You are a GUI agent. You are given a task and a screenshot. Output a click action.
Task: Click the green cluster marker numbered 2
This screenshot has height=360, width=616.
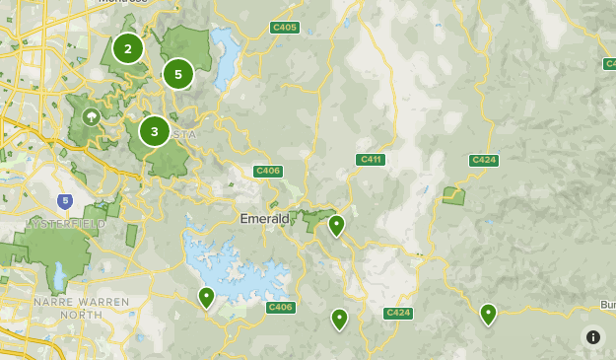[x=127, y=48]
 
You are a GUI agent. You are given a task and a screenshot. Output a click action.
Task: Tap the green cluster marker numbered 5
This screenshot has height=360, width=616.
[x=178, y=74]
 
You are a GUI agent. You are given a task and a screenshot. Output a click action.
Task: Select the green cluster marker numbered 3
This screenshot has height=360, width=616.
[x=154, y=131]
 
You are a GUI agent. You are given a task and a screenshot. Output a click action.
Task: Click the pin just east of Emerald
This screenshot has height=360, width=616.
[x=336, y=226]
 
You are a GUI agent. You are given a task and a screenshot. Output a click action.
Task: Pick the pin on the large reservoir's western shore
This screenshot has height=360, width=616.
[x=206, y=297]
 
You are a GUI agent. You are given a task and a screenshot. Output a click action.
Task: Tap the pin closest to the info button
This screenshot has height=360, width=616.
[x=488, y=314]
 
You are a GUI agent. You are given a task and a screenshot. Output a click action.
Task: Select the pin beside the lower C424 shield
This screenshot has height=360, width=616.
[x=339, y=319]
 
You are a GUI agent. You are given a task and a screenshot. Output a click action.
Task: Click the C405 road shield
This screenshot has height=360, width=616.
[x=285, y=28]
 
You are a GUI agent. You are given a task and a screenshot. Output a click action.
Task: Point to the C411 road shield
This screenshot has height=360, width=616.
[x=371, y=159]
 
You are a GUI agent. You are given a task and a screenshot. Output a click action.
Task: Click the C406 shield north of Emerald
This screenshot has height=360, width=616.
[x=268, y=171]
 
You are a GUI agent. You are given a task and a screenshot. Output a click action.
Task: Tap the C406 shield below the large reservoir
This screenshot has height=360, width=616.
[x=281, y=308]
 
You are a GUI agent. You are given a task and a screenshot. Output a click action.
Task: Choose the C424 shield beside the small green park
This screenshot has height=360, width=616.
[x=483, y=159]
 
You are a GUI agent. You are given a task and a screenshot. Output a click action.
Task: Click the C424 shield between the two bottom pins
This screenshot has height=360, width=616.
[x=397, y=313]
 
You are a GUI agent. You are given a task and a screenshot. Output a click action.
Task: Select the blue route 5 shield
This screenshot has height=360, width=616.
[x=65, y=201]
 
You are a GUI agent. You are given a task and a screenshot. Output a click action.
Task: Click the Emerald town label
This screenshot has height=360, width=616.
[x=264, y=218]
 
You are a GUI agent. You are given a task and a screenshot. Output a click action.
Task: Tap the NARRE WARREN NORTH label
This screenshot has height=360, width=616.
[x=81, y=307]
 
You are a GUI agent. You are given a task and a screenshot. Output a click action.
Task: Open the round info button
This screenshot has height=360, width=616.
[x=592, y=336]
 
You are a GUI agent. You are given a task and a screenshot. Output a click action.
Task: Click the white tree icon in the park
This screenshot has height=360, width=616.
[x=93, y=117]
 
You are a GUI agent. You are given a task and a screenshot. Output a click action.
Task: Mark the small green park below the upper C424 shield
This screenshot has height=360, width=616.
[x=453, y=195]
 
